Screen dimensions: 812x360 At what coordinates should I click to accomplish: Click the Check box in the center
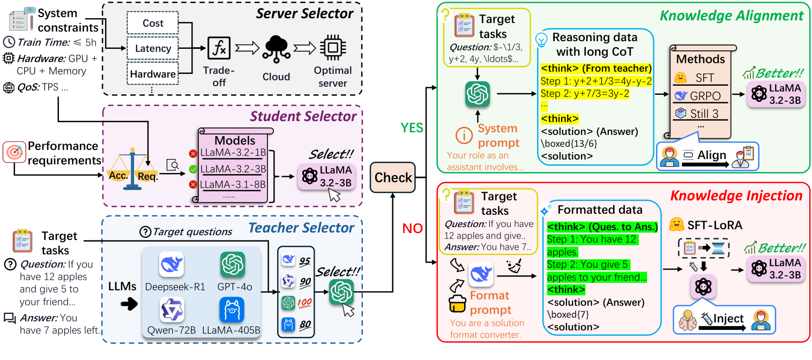[x=393, y=177]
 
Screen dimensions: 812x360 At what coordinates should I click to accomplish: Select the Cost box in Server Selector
[x=153, y=23]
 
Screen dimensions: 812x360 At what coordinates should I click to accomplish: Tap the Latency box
[x=153, y=48]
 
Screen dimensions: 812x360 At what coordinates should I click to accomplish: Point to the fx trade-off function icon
[x=219, y=48]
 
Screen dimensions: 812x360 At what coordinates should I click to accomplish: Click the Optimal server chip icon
[x=333, y=48]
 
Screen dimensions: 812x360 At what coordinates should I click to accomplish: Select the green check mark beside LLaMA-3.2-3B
[x=193, y=169]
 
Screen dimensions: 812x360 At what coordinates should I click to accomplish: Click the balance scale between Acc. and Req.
[x=133, y=169]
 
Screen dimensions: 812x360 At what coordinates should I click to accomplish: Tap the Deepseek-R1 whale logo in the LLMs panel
[x=172, y=265]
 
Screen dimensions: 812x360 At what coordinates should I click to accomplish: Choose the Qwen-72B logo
[x=172, y=310]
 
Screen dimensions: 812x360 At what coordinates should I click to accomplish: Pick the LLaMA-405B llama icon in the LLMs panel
[x=232, y=310]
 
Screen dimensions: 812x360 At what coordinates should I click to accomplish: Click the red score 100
[x=304, y=302]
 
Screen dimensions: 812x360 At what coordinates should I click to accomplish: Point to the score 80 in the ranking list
[x=305, y=325]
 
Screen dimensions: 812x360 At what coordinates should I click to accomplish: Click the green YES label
[x=412, y=128]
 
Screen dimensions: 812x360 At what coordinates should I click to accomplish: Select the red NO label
[x=413, y=229]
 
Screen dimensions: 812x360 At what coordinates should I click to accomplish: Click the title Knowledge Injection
[x=736, y=196]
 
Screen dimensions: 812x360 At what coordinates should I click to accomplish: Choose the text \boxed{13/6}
[x=569, y=144]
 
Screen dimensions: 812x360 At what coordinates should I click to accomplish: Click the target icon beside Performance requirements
[x=14, y=152]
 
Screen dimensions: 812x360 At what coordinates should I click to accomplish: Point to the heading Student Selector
[x=303, y=116]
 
